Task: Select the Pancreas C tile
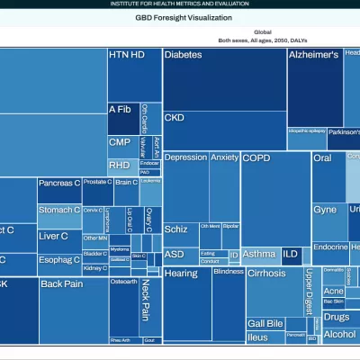(59, 190)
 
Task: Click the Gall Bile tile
(265, 323)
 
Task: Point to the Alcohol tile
(339, 335)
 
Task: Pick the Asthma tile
(259, 255)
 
